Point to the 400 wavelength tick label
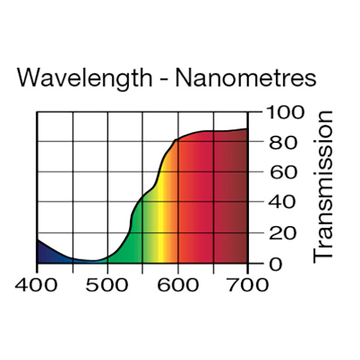click(37, 284)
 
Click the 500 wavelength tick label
click(107, 284)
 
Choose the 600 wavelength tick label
click(177, 284)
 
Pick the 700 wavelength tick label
click(247, 284)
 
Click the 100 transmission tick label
click(283, 112)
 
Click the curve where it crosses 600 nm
click(178, 140)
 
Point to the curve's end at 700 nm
click(247, 128)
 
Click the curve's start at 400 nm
click(37, 239)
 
